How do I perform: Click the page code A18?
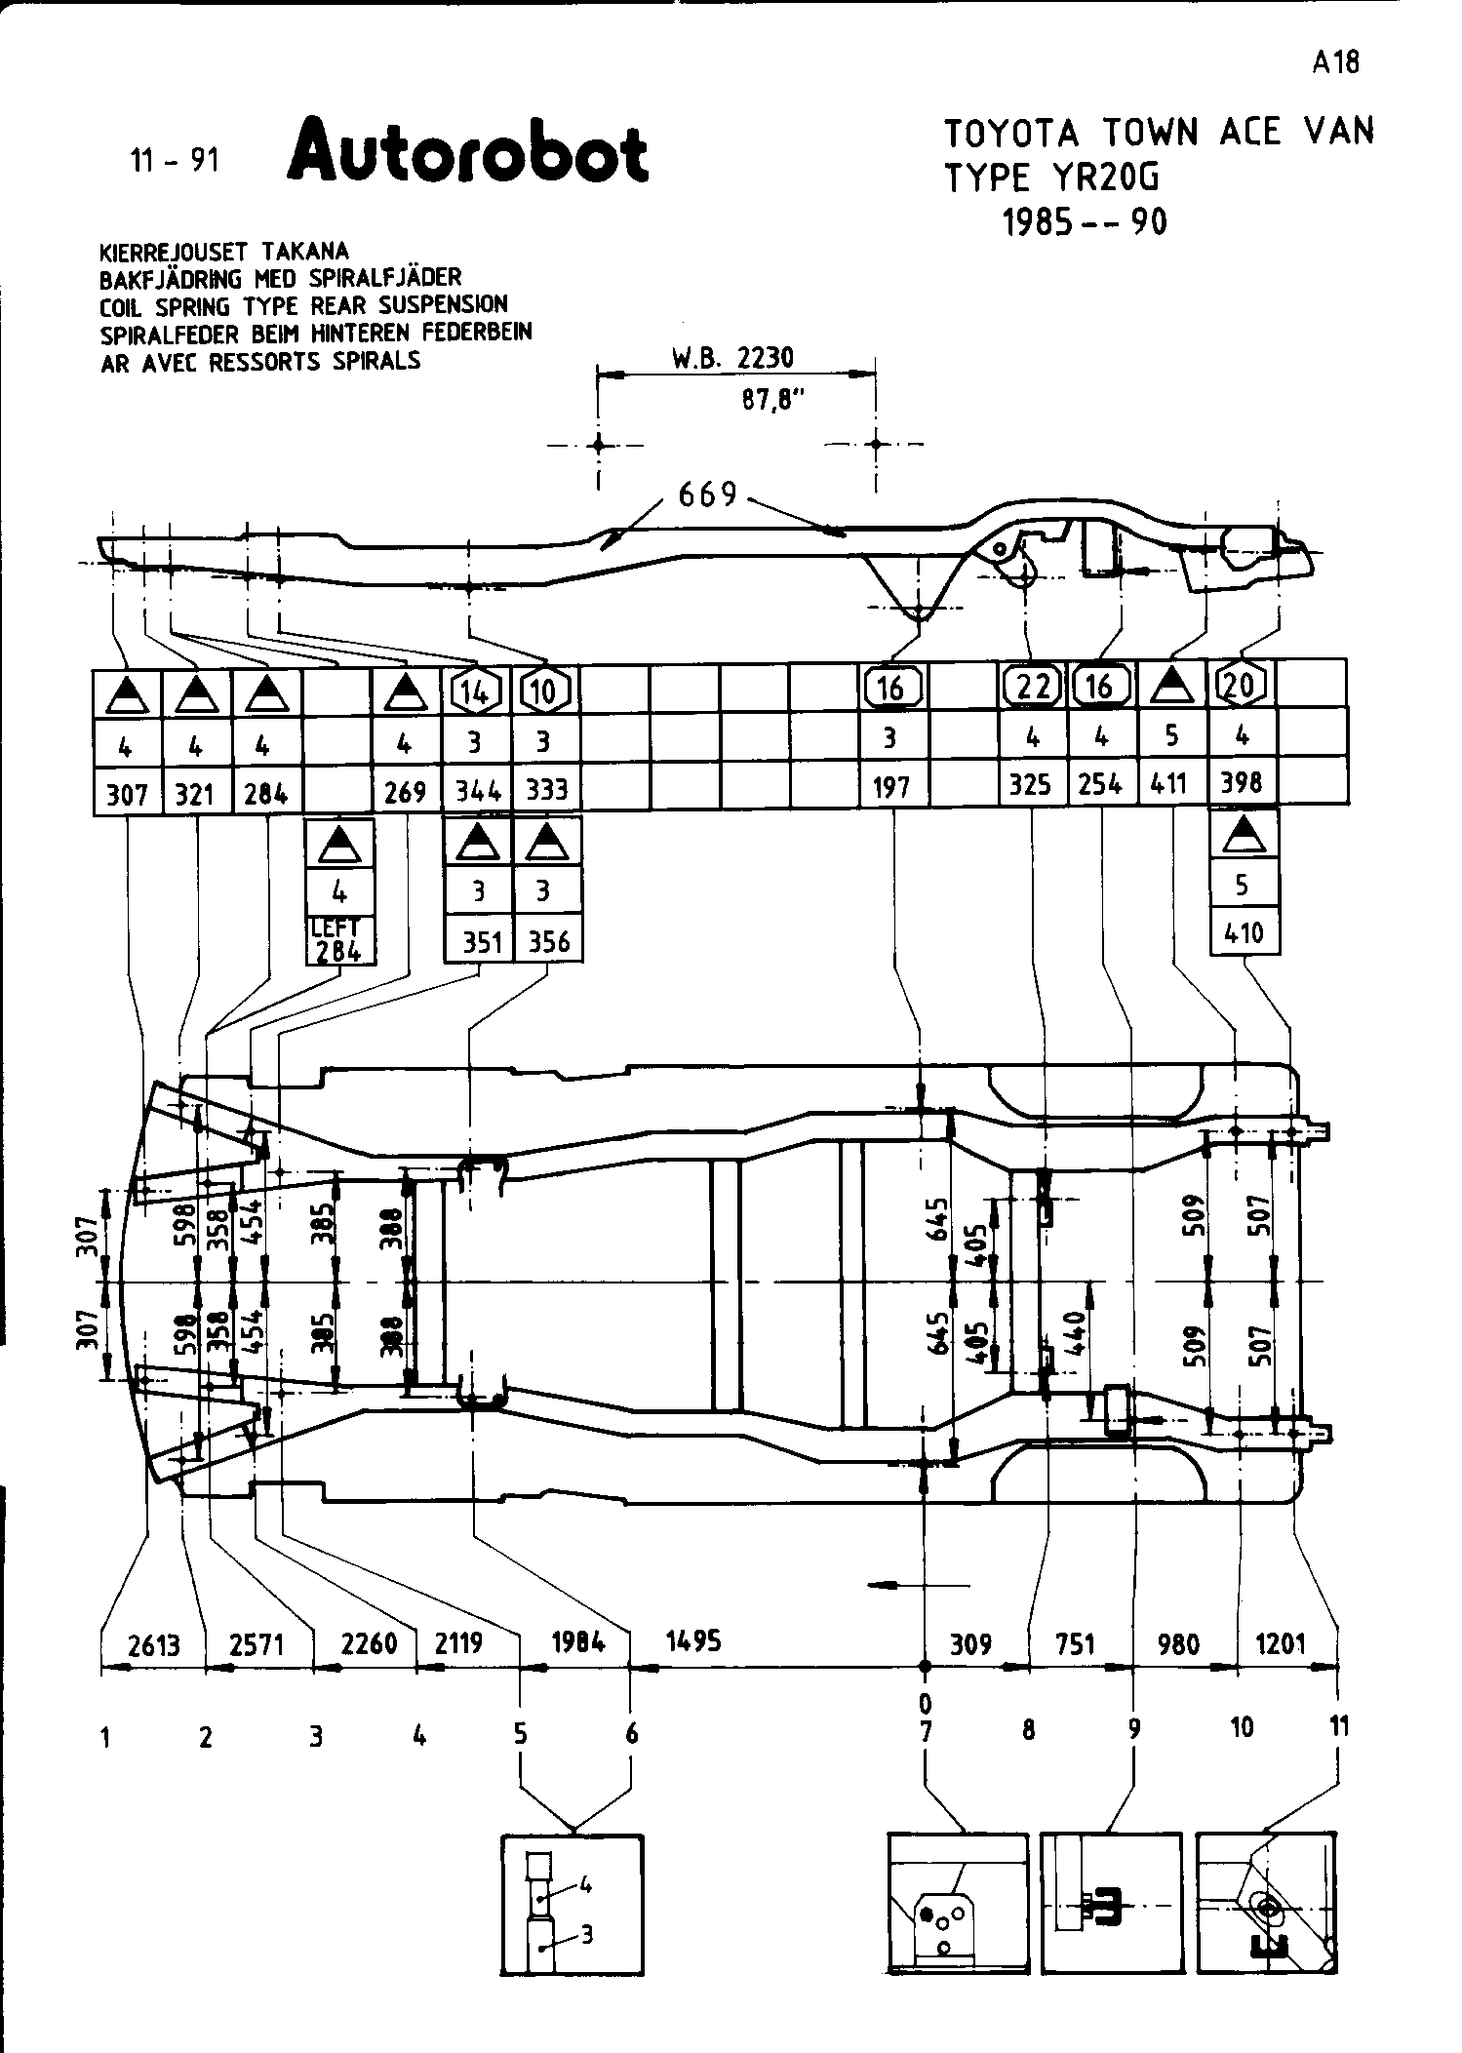pos(1334,63)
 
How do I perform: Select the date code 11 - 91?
pos(176,159)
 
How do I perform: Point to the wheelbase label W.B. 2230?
pos(732,358)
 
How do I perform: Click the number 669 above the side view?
pos(708,494)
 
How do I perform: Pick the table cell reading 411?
pos(1169,782)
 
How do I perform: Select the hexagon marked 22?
pos(1032,687)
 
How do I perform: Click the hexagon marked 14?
pos(476,691)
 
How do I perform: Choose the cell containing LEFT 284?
pos(338,940)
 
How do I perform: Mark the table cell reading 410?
pos(1244,932)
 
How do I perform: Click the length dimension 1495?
pos(693,1640)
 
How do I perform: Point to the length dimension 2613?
pos(154,1645)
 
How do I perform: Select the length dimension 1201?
pos(1280,1644)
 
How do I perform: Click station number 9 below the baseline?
pos(1134,1729)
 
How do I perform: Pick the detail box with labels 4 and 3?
pos(573,1905)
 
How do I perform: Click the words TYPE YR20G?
pos(1053,178)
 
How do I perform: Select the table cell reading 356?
pos(548,941)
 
